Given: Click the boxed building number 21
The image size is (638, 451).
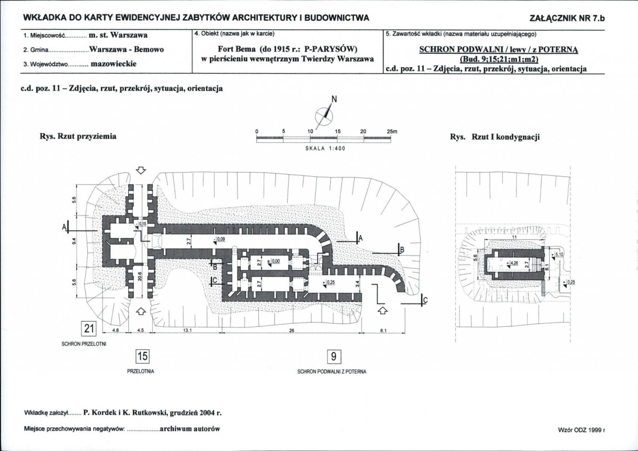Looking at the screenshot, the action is point(89,328).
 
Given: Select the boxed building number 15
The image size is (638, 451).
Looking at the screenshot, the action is point(142,357).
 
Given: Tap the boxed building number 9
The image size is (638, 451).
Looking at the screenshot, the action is point(334,357).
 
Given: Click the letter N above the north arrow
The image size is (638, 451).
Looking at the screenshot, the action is point(334,99).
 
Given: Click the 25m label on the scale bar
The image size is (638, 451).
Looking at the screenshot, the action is point(391,132).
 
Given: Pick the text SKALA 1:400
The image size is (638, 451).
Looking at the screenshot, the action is point(325,148).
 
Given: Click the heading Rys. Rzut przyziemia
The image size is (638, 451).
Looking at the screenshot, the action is point(78,136).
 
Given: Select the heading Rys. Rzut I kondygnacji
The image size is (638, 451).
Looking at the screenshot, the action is point(495,137).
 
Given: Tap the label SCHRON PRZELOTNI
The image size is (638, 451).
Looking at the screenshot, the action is point(84,344).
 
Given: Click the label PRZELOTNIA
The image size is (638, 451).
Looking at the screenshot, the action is point(141,372).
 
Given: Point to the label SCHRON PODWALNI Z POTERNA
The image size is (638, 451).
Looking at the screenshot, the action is point(332,372).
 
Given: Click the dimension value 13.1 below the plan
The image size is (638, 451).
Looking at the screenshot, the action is point(187,331).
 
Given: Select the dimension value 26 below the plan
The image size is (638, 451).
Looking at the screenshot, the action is point(291,331).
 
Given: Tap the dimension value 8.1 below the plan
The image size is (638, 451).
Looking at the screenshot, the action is point(383,331).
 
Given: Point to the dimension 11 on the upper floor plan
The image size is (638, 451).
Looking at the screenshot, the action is point(514,237).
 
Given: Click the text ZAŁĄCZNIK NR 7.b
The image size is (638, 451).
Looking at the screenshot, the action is point(568,18).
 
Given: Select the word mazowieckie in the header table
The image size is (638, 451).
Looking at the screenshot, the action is point(113,64).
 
